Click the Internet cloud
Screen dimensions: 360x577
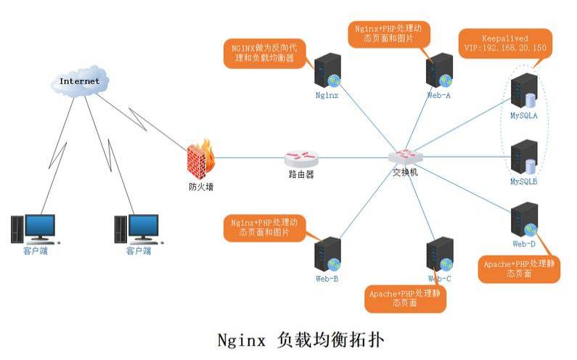point(79,81)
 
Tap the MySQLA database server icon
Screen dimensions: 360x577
point(523,93)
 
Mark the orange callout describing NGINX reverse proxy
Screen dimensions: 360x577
point(263,53)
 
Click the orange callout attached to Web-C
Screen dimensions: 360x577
point(405,298)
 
